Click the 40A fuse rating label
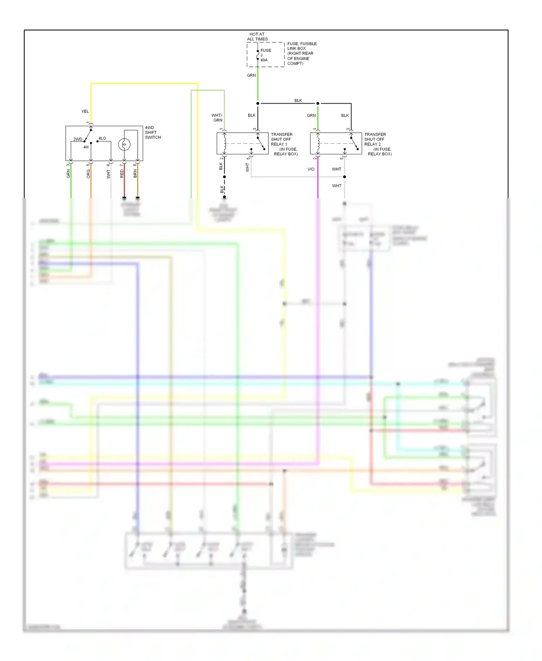[x=264, y=60]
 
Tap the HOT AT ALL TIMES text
[x=257, y=37]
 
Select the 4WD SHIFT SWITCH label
[x=153, y=132]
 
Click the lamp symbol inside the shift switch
[x=124, y=145]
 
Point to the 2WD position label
[x=78, y=139]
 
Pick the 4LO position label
[x=102, y=138]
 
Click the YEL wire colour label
[x=85, y=111]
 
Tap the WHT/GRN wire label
[x=217, y=118]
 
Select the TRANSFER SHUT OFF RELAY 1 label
[x=284, y=144]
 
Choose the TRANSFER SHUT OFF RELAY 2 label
[x=377, y=144]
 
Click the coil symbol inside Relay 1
[x=225, y=143]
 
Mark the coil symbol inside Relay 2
[x=318, y=143]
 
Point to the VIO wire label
[x=311, y=169]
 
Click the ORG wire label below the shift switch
[x=89, y=174]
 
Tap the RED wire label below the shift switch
[x=122, y=174]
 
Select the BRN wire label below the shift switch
[x=135, y=174]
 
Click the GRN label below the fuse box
[x=251, y=76]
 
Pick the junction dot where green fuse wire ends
[x=258, y=103]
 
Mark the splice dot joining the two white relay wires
[x=344, y=177]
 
